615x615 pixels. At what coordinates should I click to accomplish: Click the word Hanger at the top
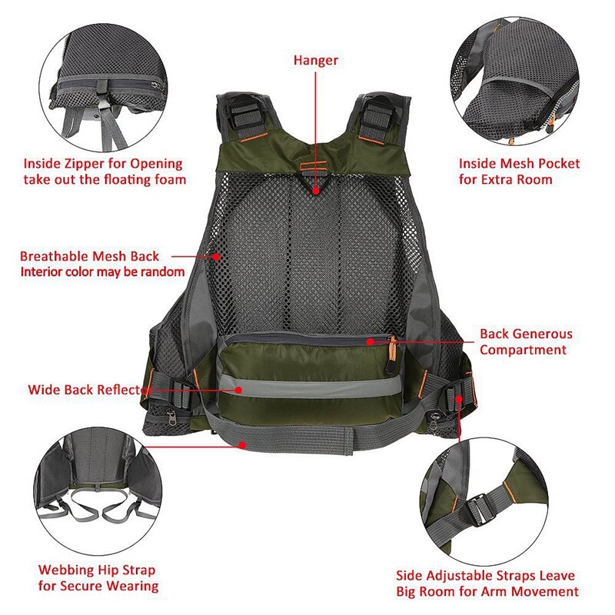point(315,59)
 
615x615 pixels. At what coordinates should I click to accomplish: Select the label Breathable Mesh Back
point(90,256)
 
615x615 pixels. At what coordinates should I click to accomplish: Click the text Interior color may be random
point(102,271)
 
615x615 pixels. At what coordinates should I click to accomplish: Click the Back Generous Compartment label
point(526,342)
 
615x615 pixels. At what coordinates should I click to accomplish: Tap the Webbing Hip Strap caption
point(97,578)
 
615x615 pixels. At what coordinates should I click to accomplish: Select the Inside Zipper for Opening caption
point(103,171)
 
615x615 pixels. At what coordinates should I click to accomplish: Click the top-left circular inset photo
point(104,85)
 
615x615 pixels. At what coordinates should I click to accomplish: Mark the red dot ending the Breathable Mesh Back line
point(217,257)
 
